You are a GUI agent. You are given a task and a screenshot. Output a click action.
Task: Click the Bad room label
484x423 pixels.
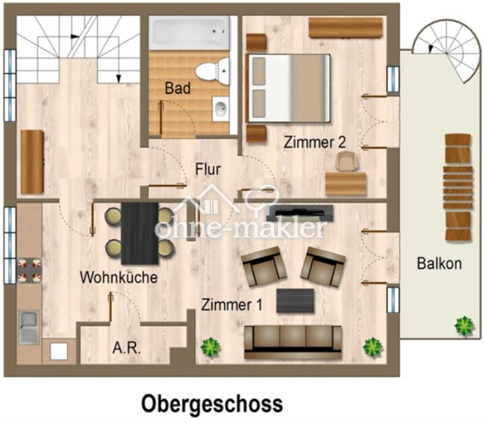coord(178,88)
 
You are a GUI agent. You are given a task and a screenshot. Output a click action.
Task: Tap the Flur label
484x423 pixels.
coord(208,169)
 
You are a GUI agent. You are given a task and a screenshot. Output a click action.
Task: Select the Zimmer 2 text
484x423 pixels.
coord(314,142)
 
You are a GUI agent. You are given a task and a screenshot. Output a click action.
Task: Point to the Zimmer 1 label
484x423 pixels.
coord(232,305)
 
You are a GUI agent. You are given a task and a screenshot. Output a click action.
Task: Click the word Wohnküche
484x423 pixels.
coord(119,277)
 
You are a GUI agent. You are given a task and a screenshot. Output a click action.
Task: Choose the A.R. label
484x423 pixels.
coord(127,348)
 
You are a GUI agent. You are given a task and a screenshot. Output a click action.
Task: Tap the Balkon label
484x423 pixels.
coord(439,264)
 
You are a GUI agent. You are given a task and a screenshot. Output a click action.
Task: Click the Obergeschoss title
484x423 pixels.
coord(212,403)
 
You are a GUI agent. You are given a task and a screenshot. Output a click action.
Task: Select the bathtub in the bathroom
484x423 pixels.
coord(190,33)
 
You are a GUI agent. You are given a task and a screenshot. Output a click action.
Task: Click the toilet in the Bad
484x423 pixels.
coord(212,71)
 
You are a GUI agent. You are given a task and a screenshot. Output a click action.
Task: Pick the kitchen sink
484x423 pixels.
coord(29,327)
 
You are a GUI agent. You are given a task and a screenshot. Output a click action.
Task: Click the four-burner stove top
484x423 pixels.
coord(29,270)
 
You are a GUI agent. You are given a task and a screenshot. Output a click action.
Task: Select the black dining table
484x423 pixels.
coord(140,233)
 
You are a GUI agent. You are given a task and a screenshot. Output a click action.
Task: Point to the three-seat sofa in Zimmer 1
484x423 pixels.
coord(293,342)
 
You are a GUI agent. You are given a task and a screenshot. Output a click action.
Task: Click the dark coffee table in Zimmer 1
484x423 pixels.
coord(295,301)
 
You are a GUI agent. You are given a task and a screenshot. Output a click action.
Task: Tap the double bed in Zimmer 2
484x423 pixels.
coord(288,88)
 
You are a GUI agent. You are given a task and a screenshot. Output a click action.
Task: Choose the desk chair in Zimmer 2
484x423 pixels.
coord(347,162)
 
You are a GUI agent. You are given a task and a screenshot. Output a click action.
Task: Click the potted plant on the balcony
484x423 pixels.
coord(464,326)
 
